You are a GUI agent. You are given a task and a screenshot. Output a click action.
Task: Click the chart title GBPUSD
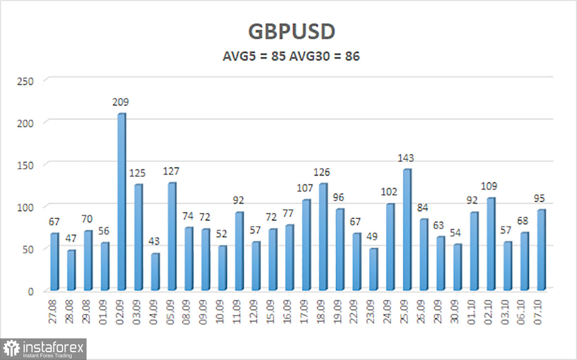[x=291, y=32]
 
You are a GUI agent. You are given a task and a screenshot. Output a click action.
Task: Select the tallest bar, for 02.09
[x=122, y=202]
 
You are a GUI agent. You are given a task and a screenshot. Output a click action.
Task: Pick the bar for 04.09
[x=155, y=272]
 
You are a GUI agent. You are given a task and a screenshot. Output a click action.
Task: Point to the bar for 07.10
[x=541, y=250]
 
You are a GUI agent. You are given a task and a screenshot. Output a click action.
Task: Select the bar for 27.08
[x=54, y=262]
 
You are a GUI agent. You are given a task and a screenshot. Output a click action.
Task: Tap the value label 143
[x=405, y=158]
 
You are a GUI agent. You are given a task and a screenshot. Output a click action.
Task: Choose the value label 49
[x=373, y=237]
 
